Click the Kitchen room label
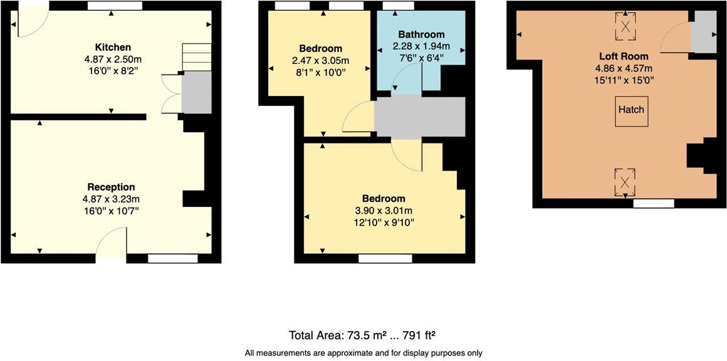113,48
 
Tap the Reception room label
111,187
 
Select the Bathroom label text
421,34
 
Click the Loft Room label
623,56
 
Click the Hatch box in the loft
631,110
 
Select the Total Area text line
366,334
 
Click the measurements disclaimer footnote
363,353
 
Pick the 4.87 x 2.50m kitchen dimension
113,60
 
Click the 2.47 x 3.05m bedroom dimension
320,61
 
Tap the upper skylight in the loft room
625,26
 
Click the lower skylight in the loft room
625,182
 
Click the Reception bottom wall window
172,258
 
